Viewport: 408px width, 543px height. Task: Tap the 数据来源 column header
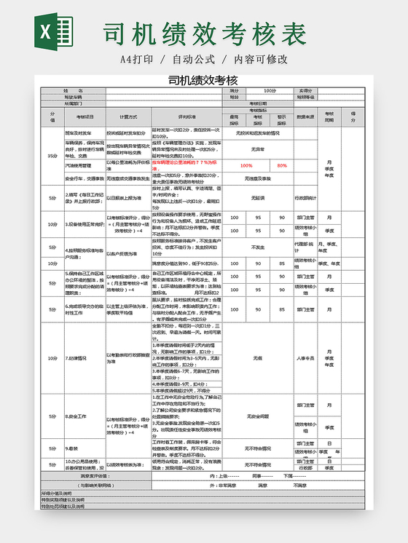tap(306, 116)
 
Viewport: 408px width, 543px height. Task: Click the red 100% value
tap(246, 165)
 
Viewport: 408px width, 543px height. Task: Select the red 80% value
tap(282, 165)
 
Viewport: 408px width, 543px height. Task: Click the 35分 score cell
tap(52, 155)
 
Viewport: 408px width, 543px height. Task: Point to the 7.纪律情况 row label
tap(76, 358)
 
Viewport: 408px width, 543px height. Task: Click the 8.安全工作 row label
tap(77, 416)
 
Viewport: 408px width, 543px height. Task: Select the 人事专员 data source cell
tap(306, 358)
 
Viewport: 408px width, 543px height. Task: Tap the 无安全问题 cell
tap(258, 416)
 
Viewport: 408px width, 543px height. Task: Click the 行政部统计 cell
tap(306, 197)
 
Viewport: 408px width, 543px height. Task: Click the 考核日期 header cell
tap(258, 103)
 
